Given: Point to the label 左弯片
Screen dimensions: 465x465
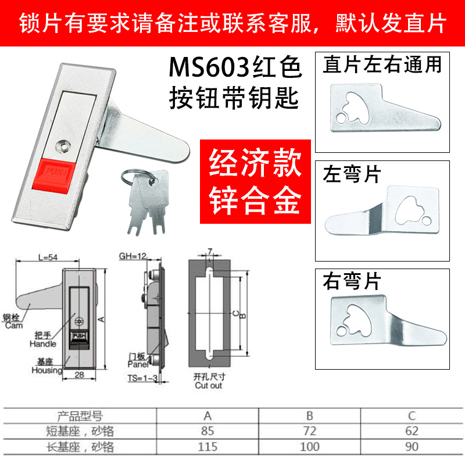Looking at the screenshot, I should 351,173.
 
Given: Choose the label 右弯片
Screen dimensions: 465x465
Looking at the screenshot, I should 351,282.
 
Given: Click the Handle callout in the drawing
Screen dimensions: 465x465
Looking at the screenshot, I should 44,340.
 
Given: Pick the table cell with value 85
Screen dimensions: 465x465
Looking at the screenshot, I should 208,431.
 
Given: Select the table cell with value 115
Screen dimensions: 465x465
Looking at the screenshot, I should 208,447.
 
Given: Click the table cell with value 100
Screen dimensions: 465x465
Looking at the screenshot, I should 309,447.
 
